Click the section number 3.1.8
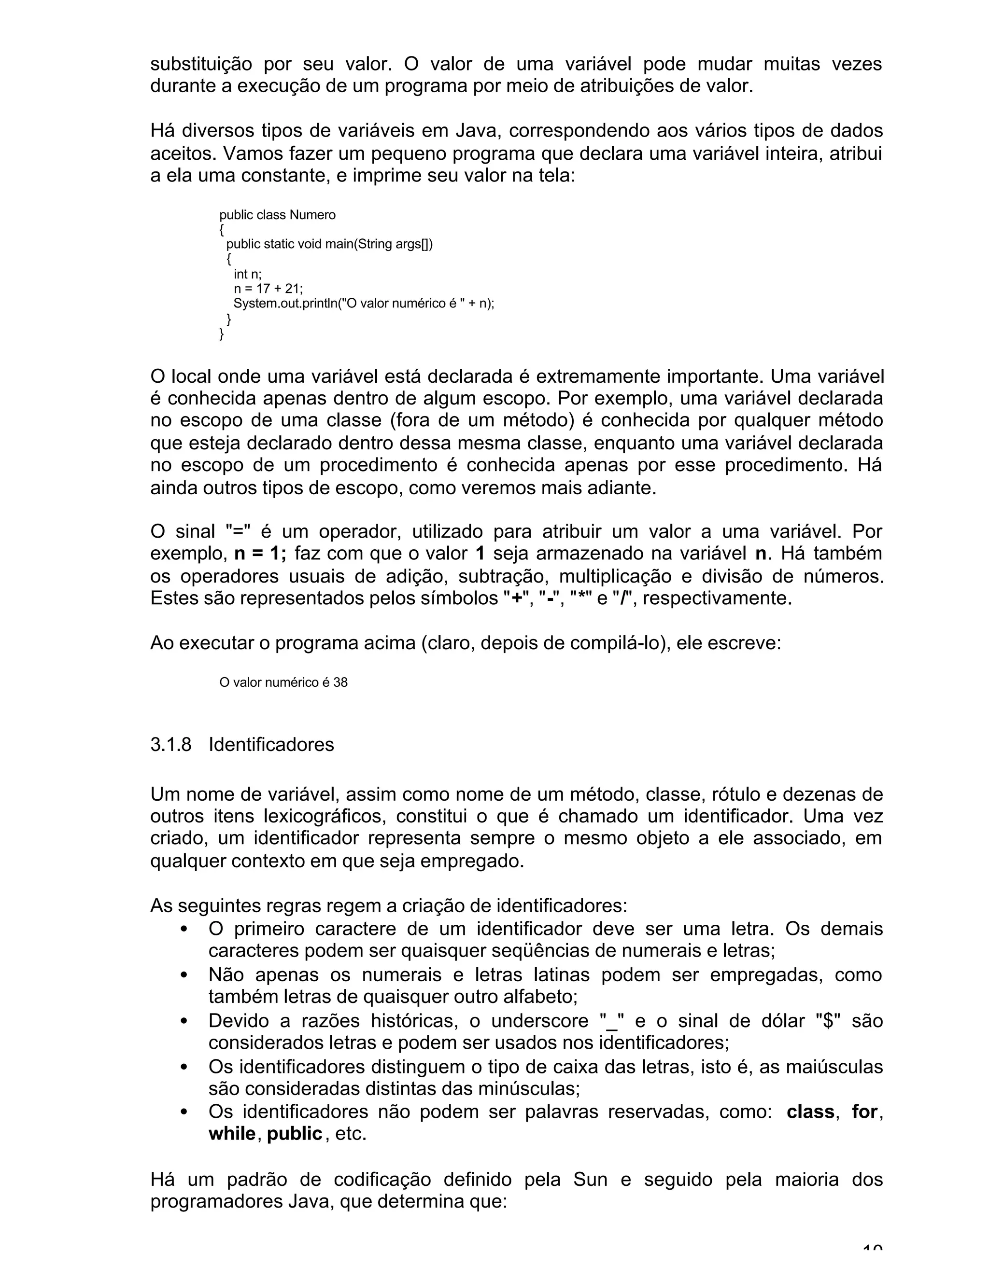point(170,744)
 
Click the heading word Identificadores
point(271,744)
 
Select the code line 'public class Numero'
point(277,215)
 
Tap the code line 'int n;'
point(247,274)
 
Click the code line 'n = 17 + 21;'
point(268,289)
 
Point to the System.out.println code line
point(363,304)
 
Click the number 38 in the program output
point(340,682)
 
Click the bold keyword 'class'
point(810,1112)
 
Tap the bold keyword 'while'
point(232,1134)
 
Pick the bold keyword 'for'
point(864,1112)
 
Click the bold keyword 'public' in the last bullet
point(294,1134)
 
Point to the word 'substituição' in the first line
point(201,64)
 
